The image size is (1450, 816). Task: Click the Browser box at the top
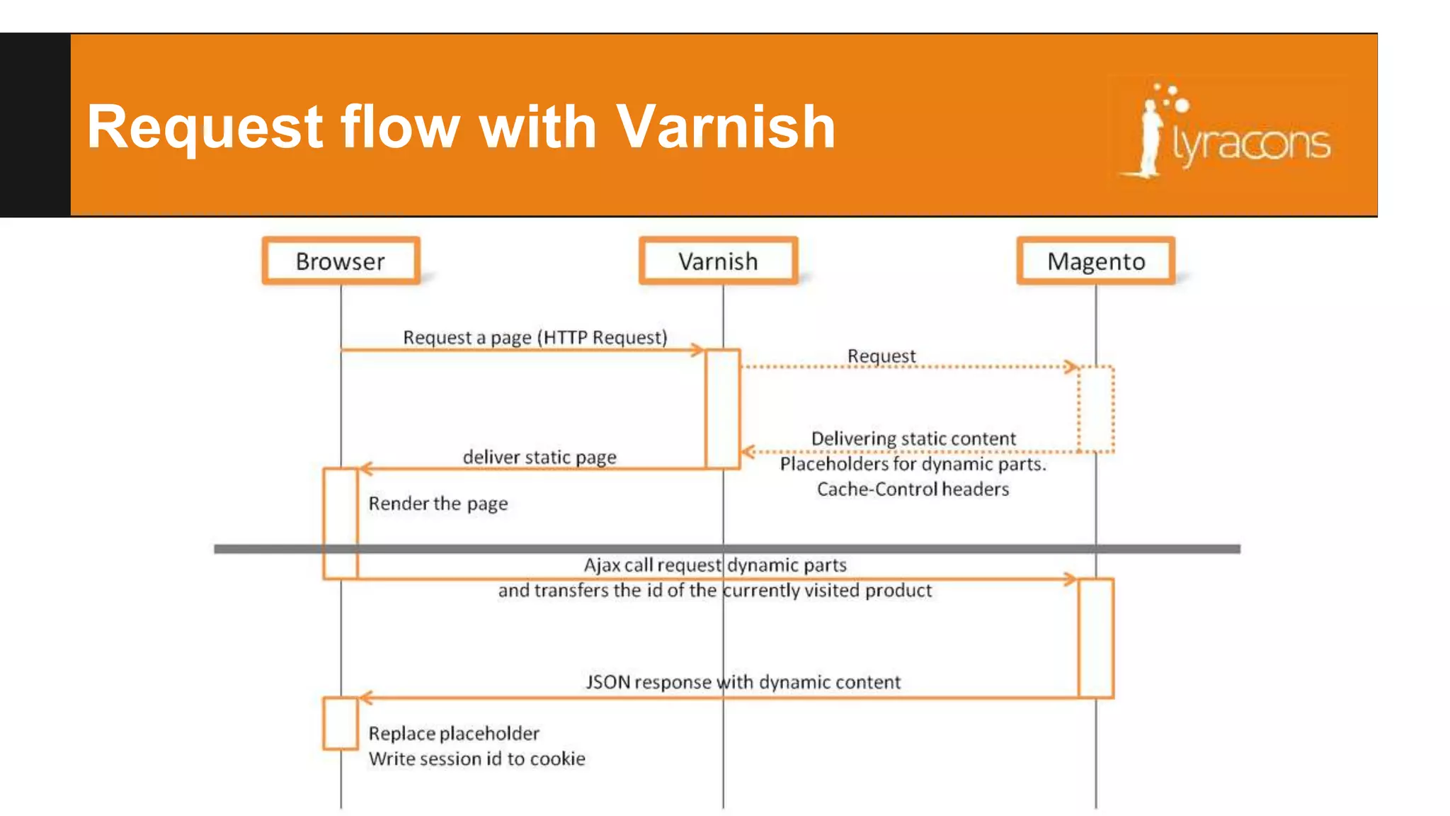pyautogui.click(x=341, y=261)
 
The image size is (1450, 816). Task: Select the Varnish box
pyautogui.click(x=718, y=261)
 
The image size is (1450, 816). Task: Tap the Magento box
pyautogui.click(x=1096, y=261)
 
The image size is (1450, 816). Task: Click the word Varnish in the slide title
pyautogui.click(x=726, y=127)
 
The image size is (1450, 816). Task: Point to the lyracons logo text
pyautogui.click(x=1251, y=144)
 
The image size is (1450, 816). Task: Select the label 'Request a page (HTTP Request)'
pyautogui.click(x=535, y=337)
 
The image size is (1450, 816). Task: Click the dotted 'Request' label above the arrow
pyautogui.click(x=881, y=356)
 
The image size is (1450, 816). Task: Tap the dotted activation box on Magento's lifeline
pyautogui.click(x=1096, y=409)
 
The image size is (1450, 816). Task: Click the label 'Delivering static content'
pyautogui.click(x=913, y=438)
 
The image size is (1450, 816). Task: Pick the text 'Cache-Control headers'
pyautogui.click(x=913, y=489)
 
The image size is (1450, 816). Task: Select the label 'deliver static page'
pyautogui.click(x=540, y=457)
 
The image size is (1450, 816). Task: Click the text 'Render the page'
pyautogui.click(x=438, y=504)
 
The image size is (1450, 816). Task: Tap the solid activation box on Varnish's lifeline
pyautogui.click(x=723, y=409)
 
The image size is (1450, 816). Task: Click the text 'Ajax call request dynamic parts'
pyautogui.click(x=715, y=565)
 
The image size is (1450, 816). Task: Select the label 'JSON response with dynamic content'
pyautogui.click(x=743, y=682)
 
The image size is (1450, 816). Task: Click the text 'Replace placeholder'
pyautogui.click(x=454, y=733)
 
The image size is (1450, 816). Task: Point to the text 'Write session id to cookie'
pyautogui.click(x=477, y=759)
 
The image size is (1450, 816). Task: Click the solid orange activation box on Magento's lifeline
pyautogui.click(x=1096, y=638)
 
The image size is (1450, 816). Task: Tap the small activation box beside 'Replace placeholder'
pyautogui.click(x=341, y=723)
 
